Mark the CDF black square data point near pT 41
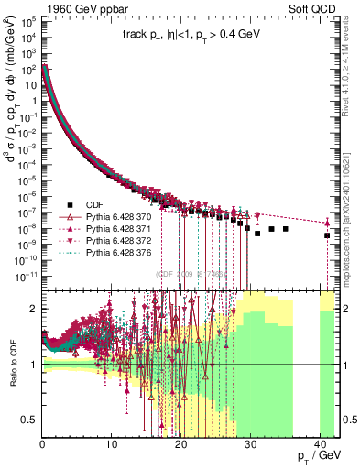point(327,235)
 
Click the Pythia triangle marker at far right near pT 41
point(327,223)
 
